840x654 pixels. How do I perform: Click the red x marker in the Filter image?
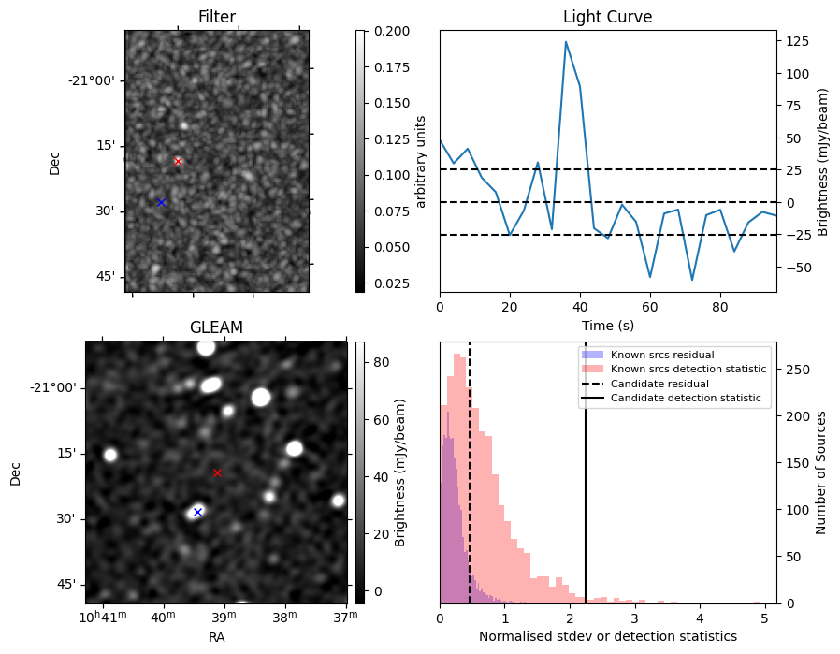point(178,161)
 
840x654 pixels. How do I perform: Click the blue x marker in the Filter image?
point(161,202)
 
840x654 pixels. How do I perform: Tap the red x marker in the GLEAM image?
point(217,472)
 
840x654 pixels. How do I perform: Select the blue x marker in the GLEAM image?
point(197,512)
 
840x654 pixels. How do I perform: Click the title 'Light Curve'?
point(607,17)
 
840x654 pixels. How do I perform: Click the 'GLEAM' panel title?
point(216,327)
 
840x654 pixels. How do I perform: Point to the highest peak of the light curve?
point(566,42)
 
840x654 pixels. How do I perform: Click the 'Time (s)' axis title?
point(607,324)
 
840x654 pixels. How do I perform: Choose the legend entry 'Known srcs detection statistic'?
point(688,369)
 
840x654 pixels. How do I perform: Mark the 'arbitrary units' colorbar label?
point(421,161)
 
